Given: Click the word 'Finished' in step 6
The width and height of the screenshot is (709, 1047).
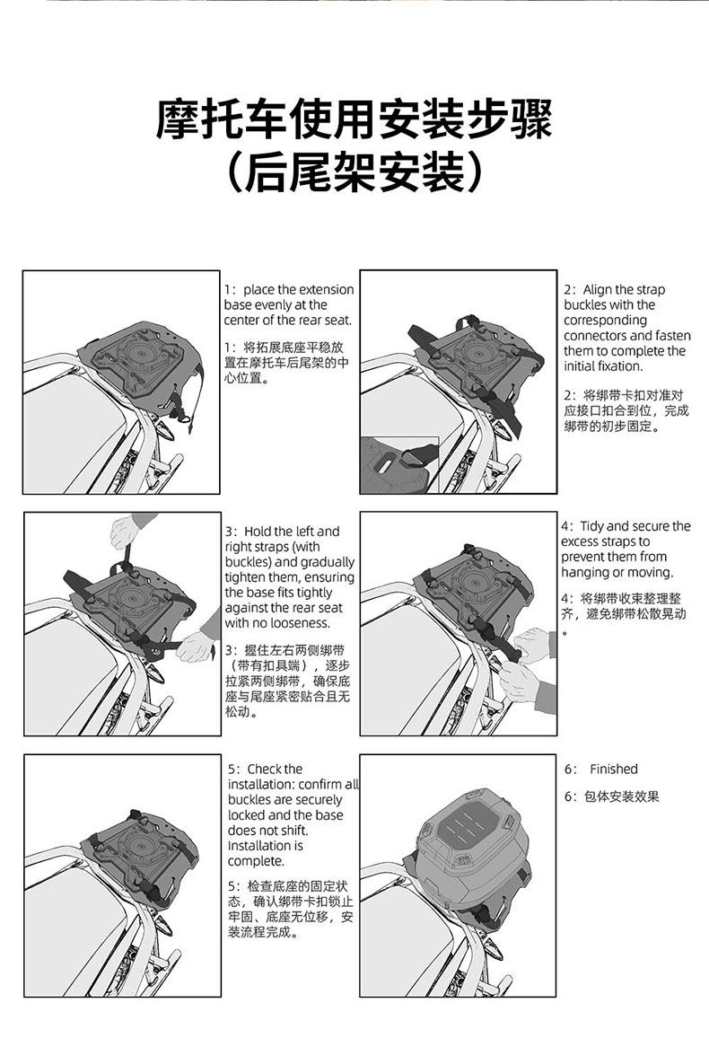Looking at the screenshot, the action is [x=614, y=770].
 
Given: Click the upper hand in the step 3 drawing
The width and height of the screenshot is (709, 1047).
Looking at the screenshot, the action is [x=125, y=532].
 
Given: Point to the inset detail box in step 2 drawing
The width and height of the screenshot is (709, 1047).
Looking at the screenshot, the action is [x=399, y=465].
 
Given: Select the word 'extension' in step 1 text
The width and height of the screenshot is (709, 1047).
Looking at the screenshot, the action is [x=326, y=290].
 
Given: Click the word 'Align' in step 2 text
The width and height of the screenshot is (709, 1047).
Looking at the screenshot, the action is [x=597, y=290].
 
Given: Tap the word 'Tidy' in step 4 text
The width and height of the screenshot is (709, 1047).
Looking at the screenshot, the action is [x=592, y=526].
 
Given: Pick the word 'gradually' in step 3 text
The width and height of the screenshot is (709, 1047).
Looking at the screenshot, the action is [x=328, y=563].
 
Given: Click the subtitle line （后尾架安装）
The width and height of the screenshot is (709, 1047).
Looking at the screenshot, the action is [x=354, y=172].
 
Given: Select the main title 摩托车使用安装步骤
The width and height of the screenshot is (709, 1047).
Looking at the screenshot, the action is [x=354, y=119].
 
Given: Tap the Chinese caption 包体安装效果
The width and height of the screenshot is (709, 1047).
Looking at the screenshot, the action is [x=622, y=796].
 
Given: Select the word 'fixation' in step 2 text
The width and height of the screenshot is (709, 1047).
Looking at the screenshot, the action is [x=620, y=366].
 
